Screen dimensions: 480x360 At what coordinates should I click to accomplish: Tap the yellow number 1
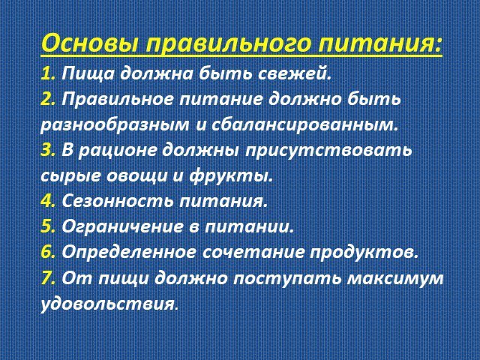tap(48, 73)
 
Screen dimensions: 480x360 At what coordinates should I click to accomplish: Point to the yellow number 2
tap(48, 99)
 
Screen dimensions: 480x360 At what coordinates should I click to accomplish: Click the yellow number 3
tap(48, 150)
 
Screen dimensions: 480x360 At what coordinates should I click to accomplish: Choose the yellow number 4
tap(48, 201)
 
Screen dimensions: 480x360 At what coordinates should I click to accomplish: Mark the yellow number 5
tap(48, 226)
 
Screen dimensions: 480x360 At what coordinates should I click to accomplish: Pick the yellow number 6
tap(48, 252)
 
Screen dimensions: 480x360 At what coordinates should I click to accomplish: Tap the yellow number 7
tap(48, 278)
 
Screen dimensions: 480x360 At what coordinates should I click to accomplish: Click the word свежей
tap(295, 73)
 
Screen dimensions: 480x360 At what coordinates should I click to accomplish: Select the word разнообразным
tap(115, 125)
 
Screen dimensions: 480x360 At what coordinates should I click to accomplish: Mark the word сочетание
tap(253, 252)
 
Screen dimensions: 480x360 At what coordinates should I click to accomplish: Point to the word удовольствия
tap(109, 304)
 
